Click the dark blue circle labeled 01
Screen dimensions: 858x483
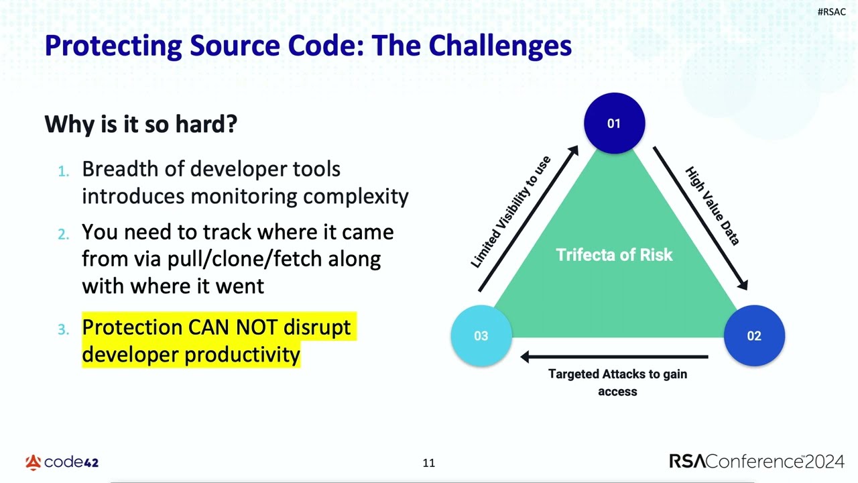(x=615, y=123)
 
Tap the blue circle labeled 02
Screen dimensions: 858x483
(x=754, y=335)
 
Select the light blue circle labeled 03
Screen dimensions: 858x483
(x=481, y=335)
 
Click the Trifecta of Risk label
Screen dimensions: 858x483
(x=614, y=255)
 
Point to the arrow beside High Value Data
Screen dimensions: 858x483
(x=700, y=218)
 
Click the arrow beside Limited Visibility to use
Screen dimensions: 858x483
(x=528, y=219)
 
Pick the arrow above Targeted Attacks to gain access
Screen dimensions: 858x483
(x=614, y=356)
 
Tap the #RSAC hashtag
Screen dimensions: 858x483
(x=832, y=12)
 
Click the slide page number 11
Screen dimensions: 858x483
(x=428, y=463)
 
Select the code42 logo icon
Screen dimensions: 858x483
(x=34, y=462)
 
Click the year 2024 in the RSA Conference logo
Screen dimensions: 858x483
(x=824, y=462)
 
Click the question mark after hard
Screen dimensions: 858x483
(x=232, y=124)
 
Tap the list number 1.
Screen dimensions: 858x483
(x=64, y=171)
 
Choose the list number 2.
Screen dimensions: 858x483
(x=64, y=234)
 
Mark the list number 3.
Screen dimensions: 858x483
(x=64, y=329)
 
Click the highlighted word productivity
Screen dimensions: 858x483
(x=243, y=355)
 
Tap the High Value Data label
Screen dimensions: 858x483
(x=713, y=206)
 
